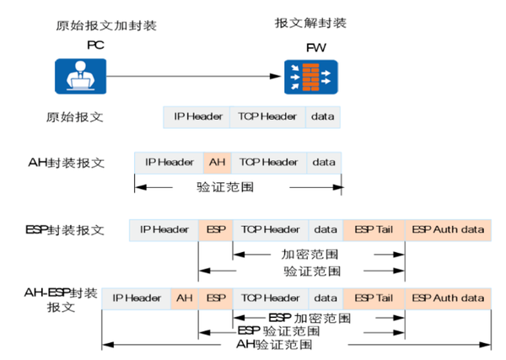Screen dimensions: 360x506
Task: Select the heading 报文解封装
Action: (310, 22)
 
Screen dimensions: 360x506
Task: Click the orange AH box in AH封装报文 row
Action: (217, 161)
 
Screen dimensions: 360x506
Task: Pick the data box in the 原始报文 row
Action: (322, 116)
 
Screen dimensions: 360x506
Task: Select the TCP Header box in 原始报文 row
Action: (266, 116)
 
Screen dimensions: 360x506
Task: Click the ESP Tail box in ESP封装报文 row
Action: (374, 228)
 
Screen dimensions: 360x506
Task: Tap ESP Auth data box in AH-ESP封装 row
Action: (448, 298)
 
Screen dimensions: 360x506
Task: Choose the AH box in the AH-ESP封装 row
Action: (184, 298)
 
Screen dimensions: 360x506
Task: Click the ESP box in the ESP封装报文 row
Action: (215, 228)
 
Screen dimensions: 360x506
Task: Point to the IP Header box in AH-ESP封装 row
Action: (136, 298)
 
